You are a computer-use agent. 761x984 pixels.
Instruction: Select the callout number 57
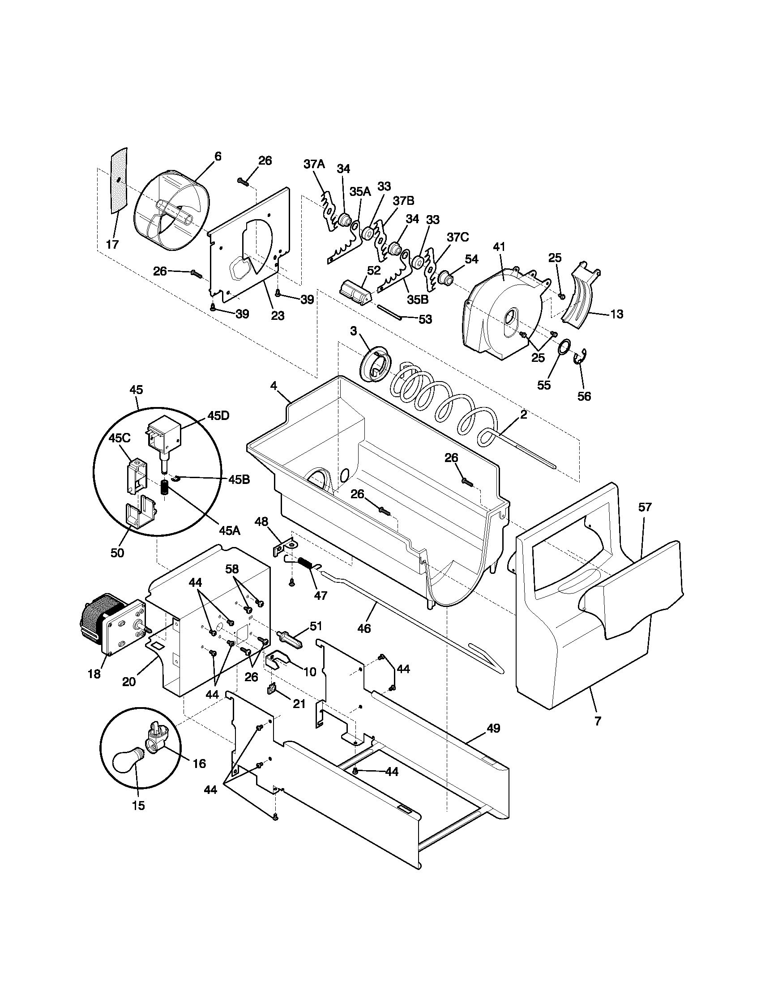pos(645,507)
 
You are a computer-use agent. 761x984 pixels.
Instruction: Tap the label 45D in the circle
pos(218,416)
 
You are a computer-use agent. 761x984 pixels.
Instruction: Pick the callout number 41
pos(499,247)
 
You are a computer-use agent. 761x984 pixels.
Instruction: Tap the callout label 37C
pos(457,237)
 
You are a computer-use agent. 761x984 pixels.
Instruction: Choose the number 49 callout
pos(494,729)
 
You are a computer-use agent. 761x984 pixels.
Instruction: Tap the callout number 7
pos(598,721)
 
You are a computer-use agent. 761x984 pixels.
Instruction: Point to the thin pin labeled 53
pos(389,312)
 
